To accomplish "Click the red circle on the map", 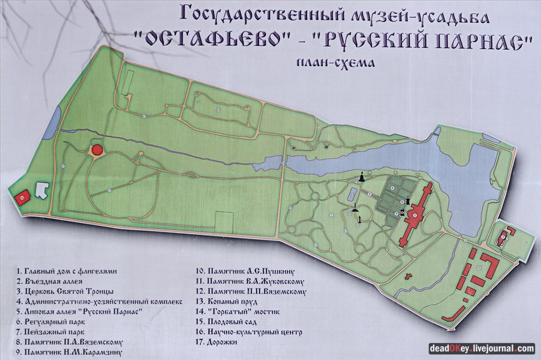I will click(96, 149).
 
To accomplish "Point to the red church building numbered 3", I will click(504, 236).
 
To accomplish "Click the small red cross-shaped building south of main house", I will click(409, 276).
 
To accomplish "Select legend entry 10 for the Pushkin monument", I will click(249, 271).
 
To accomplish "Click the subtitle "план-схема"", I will click(331, 63).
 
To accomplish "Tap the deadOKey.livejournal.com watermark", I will click(481, 348).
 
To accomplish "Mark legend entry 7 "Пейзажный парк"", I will click(51, 332).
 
